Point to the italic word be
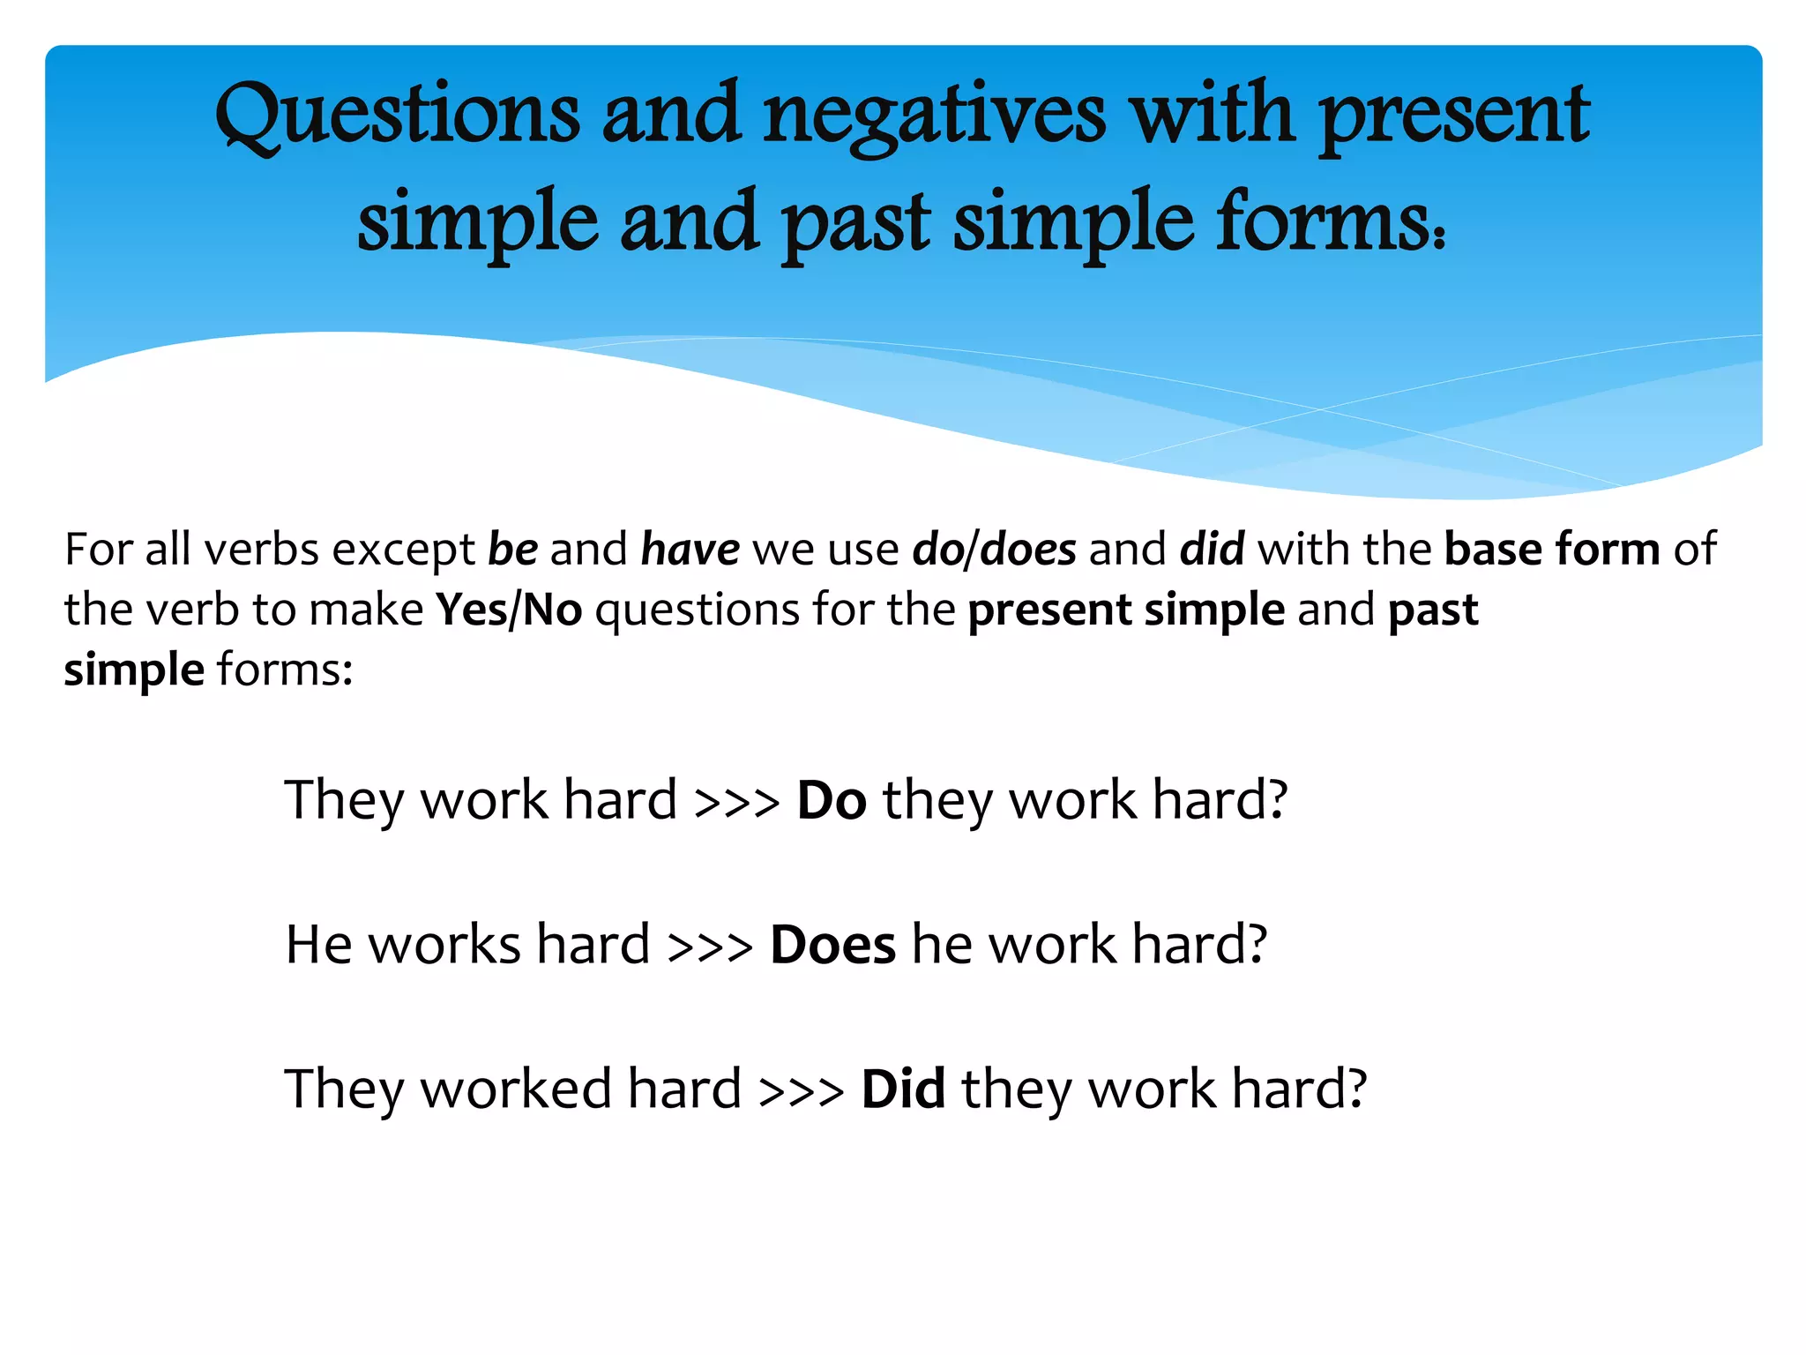pos(512,550)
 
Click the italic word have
pos(690,550)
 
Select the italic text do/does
pos(994,550)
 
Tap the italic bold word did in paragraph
pos(1213,550)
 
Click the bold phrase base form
pos(1552,550)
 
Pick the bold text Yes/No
pos(509,610)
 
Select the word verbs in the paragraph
pos(262,550)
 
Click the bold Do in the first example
pos(832,800)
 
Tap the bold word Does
pos(832,945)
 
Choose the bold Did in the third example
pos(903,1089)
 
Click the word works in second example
pos(444,945)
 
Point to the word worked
pos(516,1089)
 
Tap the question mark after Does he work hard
pos(1253,945)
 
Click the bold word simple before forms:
pos(134,670)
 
